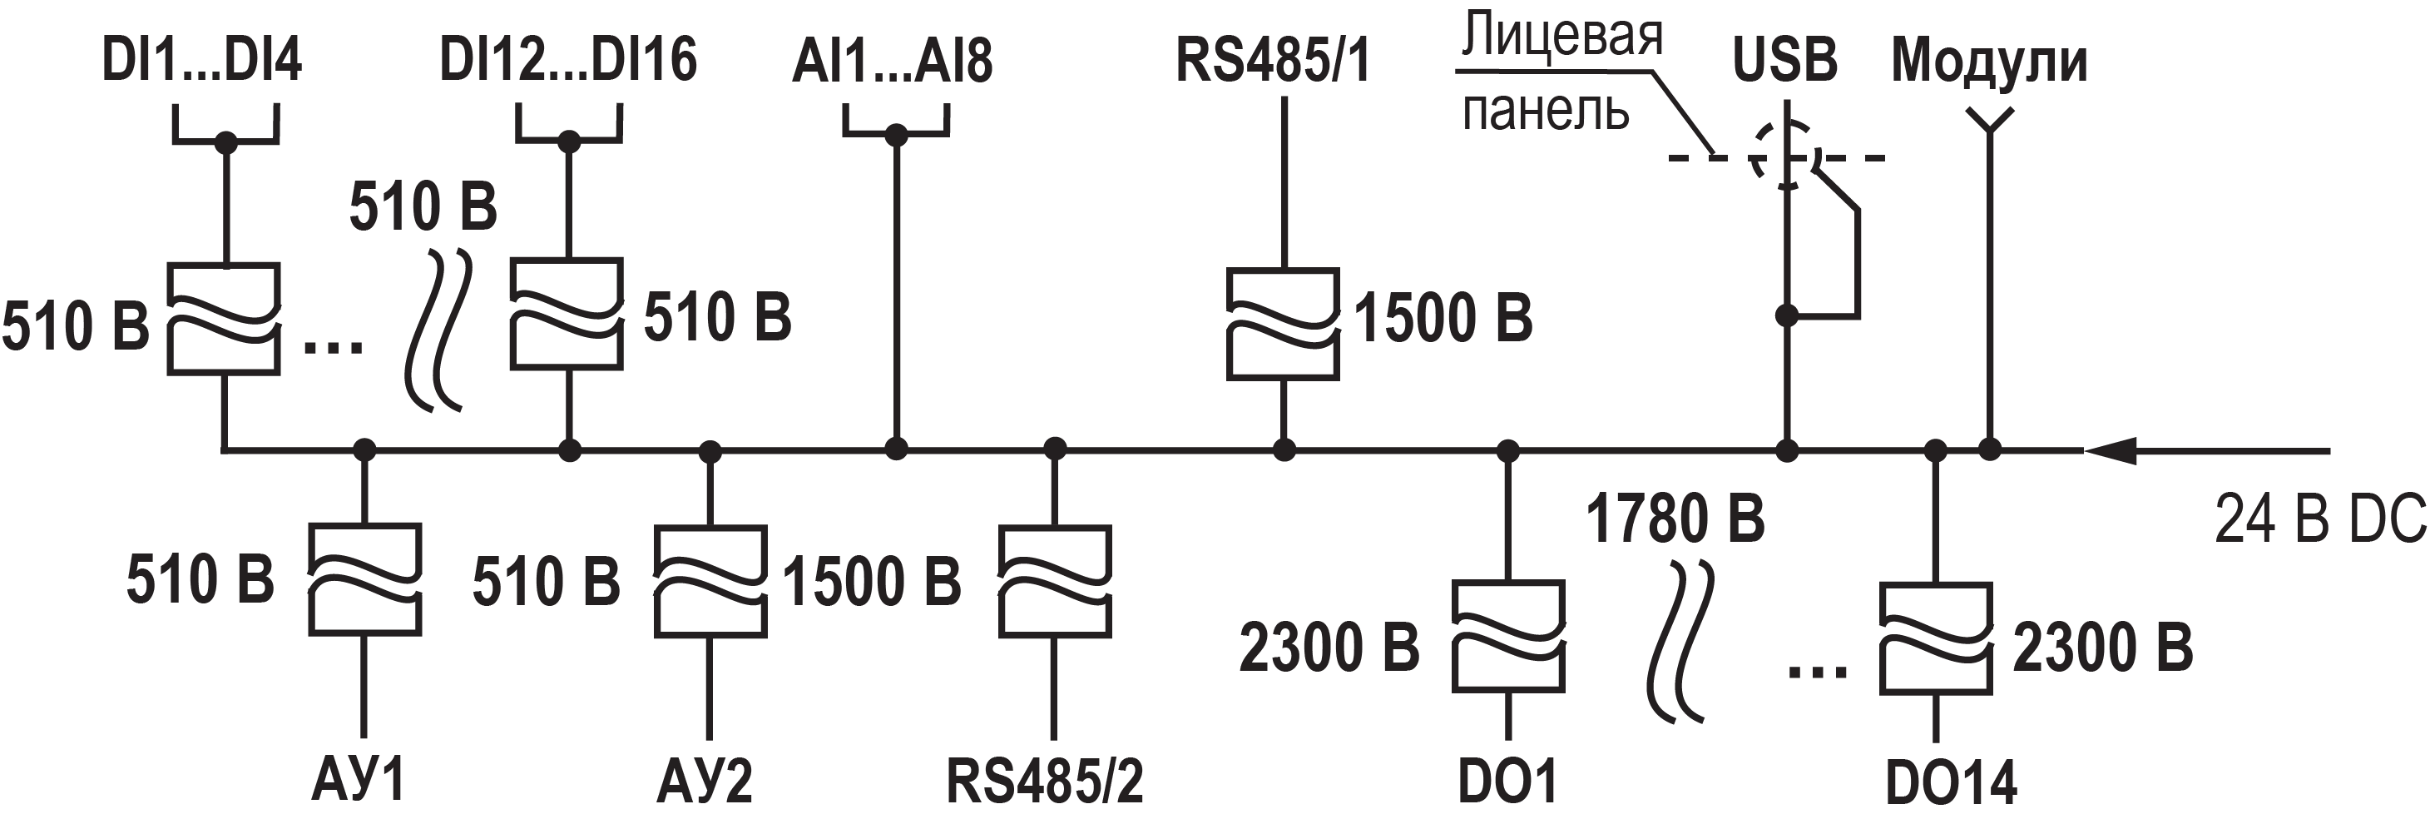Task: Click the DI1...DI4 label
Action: (201, 59)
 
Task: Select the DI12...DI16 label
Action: (568, 59)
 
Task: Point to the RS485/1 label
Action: (1272, 59)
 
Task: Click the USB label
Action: (1784, 59)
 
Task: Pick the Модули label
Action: (1988, 62)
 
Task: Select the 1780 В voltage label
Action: (1675, 519)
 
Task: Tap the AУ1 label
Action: (359, 781)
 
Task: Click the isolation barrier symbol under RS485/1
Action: (1283, 325)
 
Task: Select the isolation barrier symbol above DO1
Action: (1507, 637)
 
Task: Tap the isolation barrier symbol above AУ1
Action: (365, 579)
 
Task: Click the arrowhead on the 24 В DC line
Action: (2109, 451)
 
